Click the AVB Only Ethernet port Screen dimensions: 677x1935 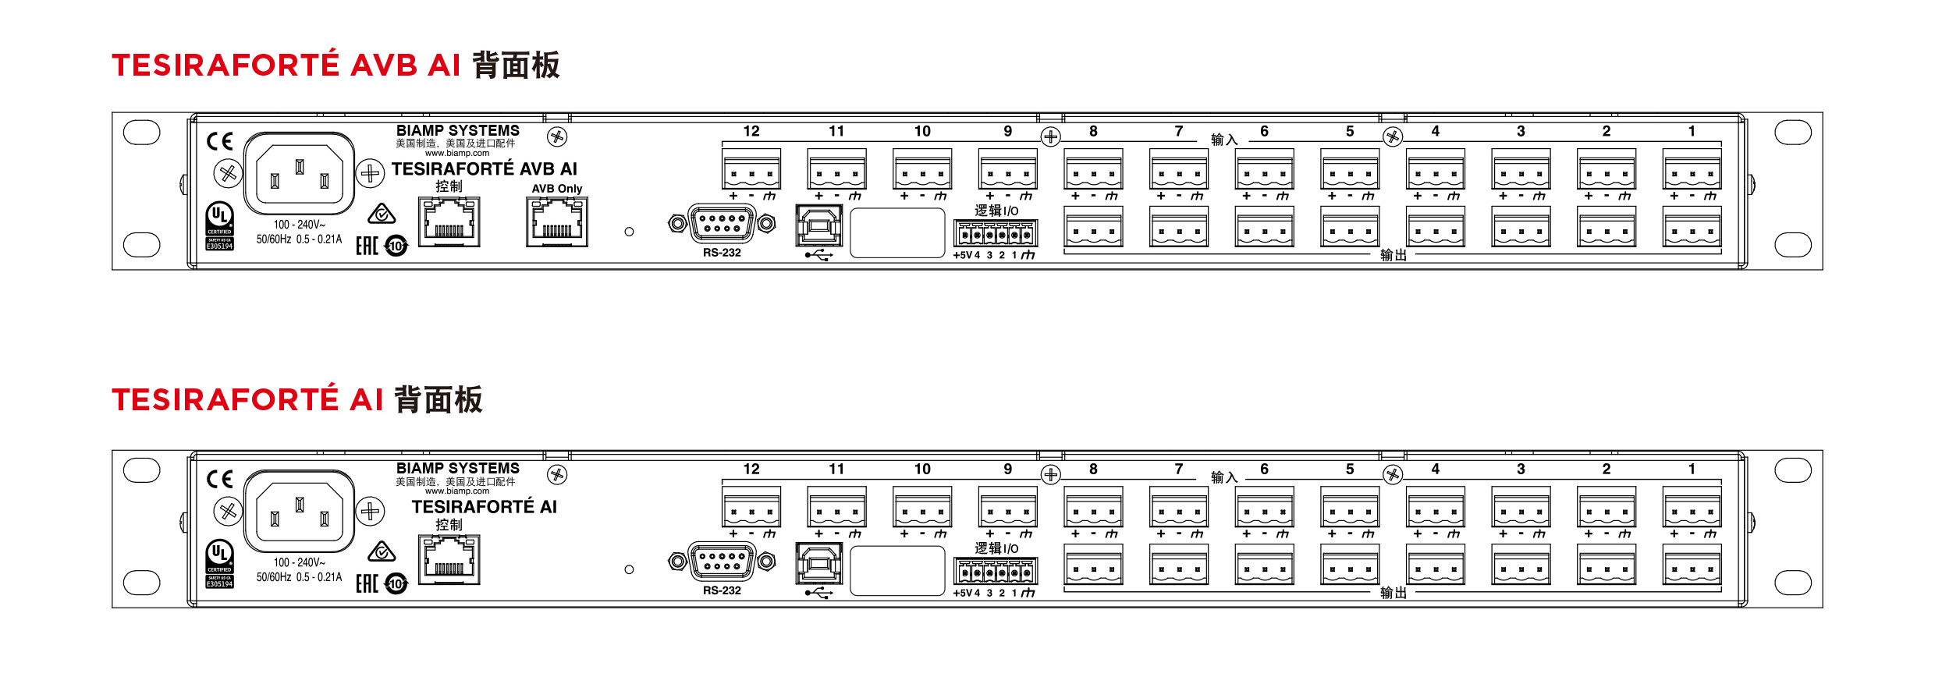point(556,222)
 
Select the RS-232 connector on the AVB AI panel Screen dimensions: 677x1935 point(722,225)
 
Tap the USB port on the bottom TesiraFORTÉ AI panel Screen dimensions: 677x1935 point(818,563)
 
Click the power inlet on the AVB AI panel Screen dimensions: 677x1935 point(300,173)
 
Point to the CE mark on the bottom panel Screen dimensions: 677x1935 point(220,478)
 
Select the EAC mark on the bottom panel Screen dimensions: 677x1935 point(367,583)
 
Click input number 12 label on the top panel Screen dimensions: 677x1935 point(751,131)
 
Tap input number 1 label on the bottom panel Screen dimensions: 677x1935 point(1692,469)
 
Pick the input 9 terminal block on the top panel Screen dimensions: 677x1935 point(1008,169)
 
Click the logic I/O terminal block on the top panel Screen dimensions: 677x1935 point(996,233)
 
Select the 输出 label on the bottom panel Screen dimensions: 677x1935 point(1394,593)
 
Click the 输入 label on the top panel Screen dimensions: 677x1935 point(1224,140)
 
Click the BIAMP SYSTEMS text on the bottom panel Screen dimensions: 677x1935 point(458,468)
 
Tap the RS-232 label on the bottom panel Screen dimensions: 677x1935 point(722,590)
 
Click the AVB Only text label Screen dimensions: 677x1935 point(557,189)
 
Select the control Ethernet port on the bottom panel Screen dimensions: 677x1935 point(449,560)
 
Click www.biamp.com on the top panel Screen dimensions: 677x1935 point(457,154)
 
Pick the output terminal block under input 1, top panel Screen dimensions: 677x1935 point(1692,227)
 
